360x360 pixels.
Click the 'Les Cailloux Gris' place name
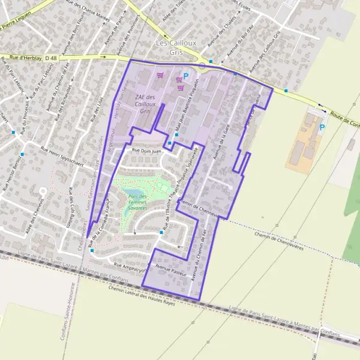point(169,47)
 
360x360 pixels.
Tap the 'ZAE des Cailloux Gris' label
point(145,104)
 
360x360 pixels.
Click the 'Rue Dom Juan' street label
point(147,152)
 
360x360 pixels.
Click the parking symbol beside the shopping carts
point(186,76)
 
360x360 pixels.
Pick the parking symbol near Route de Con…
point(323,127)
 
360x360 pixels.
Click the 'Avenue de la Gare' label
point(218,141)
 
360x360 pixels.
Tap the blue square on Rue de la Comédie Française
point(91,251)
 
